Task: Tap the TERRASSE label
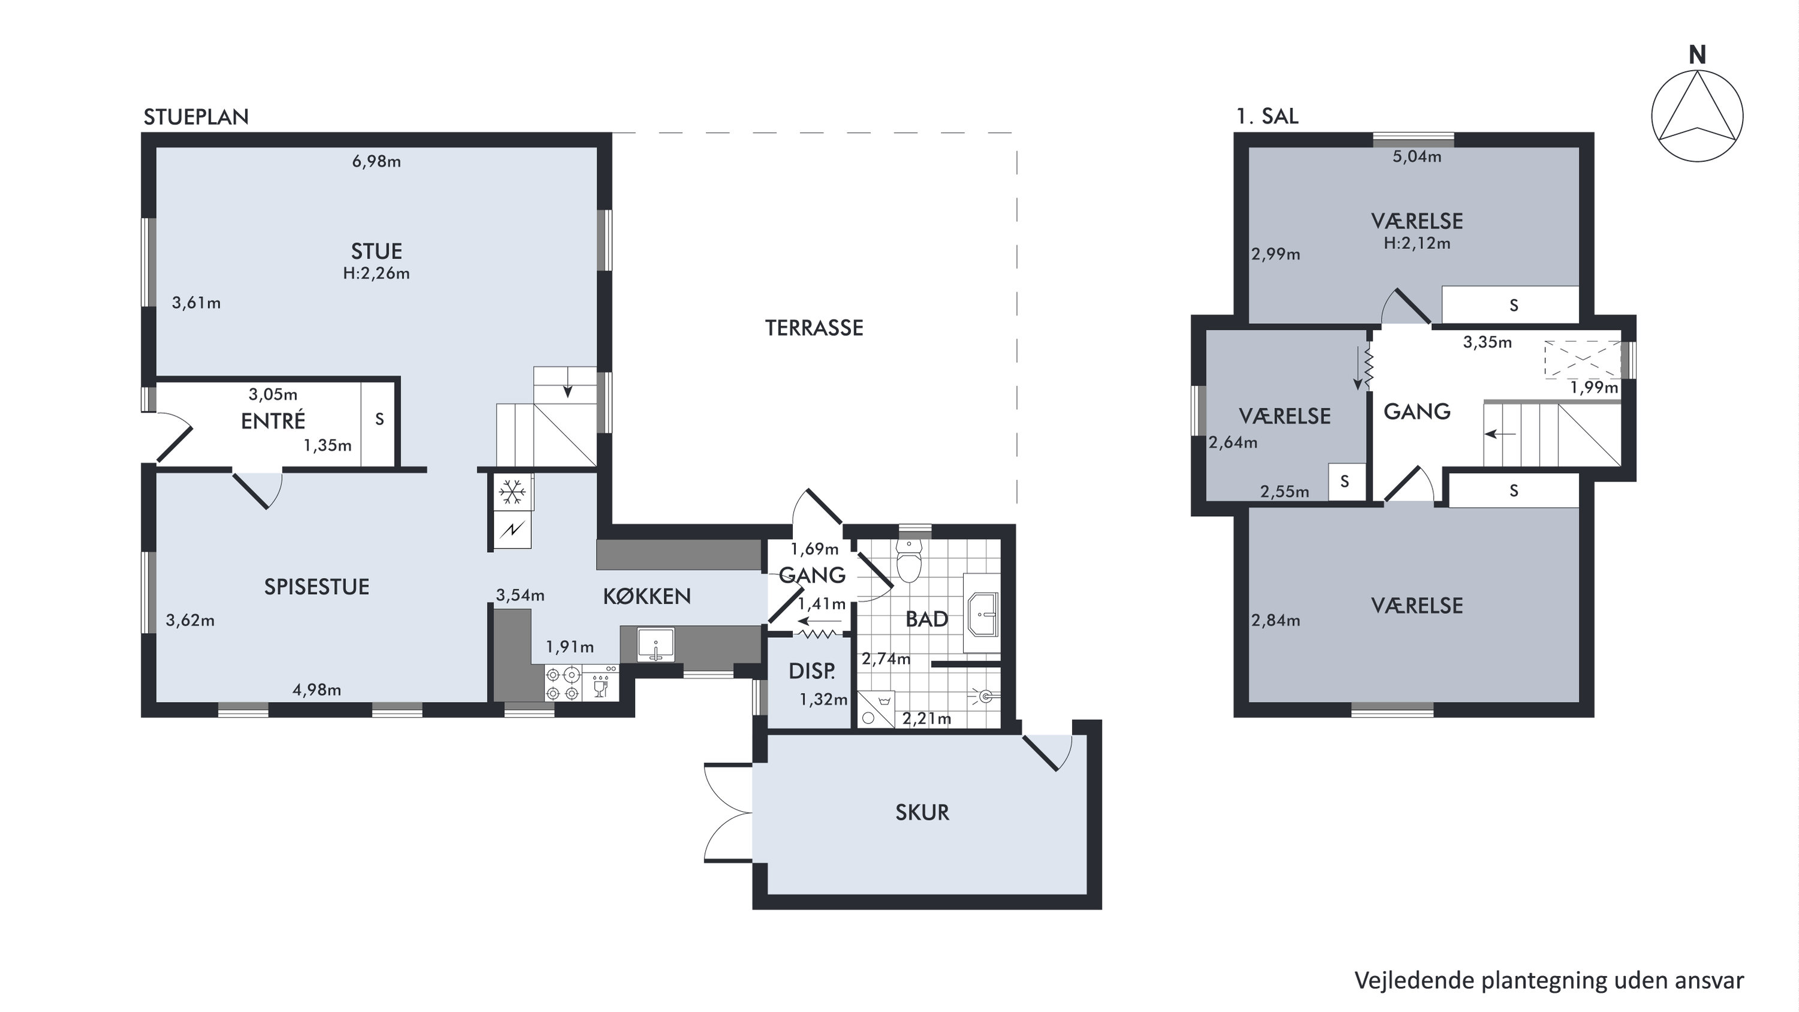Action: [x=814, y=327]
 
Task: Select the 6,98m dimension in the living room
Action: [x=377, y=161]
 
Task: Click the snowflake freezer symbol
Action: [x=512, y=493]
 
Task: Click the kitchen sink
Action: [x=656, y=644]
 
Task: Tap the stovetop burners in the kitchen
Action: [x=563, y=683]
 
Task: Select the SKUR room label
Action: [x=922, y=812]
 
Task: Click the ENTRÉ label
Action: [x=273, y=420]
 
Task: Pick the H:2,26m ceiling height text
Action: [x=377, y=273]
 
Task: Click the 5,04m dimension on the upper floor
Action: [x=1417, y=156]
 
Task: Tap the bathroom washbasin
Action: [x=983, y=615]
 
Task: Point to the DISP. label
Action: [x=811, y=671]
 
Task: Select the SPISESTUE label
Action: [x=317, y=587]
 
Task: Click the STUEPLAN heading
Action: [x=196, y=117]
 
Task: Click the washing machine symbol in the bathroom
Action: [x=874, y=709]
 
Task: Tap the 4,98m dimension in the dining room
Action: [x=317, y=690]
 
